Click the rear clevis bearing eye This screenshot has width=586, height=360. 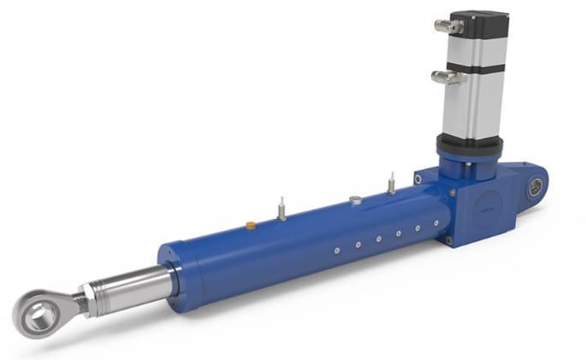(x=536, y=187)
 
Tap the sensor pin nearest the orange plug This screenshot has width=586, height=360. (x=281, y=210)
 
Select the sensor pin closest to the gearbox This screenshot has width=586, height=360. (x=390, y=183)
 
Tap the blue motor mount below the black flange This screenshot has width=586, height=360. (x=463, y=162)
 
